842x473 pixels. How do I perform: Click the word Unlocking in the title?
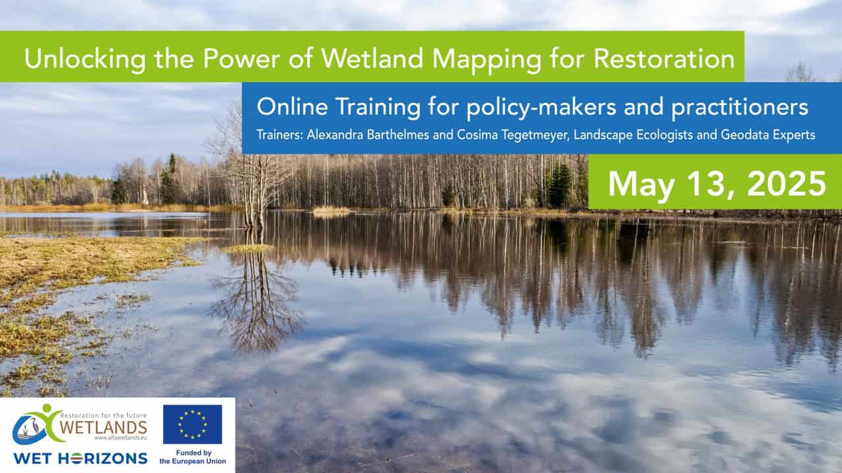[x=85, y=59]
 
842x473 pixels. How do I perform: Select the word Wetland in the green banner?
[x=372, y=58]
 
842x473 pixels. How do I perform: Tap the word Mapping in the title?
[x=487, y=59]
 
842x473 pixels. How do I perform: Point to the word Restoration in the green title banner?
[x=664, y=58]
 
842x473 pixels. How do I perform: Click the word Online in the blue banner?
[x=292, y=106]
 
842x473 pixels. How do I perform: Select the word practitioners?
[x=740, y=108]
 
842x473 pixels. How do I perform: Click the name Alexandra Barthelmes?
[x=368, y=135]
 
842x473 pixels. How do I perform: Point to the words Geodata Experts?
[x=768, y=135]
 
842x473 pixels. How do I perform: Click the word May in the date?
[x=641, y=185]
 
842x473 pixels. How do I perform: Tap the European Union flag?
[x=193, y=424]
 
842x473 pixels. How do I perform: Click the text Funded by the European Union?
[x=193, y=457]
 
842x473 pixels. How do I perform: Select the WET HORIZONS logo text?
[x=80, y=459]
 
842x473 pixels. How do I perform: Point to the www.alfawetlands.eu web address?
[x=120, y=438]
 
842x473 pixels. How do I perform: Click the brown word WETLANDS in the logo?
[x=103, y=427]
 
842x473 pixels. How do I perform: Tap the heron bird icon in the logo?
[x=33, y=428]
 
